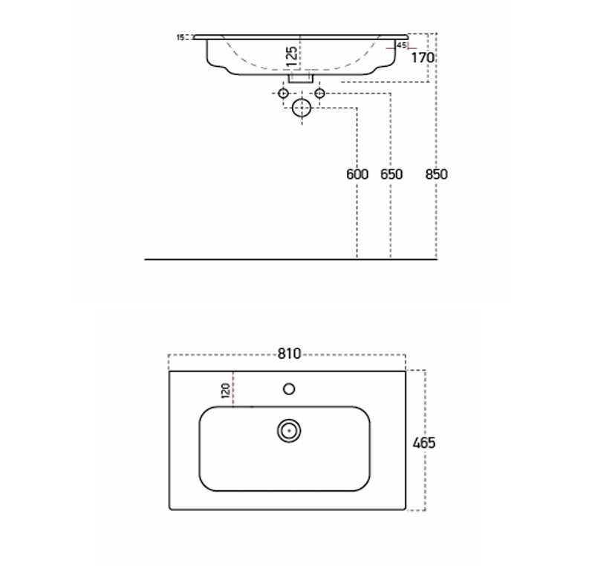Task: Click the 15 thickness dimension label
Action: (180, 36)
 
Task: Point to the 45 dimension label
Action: (401, 45)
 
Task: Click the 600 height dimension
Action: (357, 175)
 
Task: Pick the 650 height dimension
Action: (391, 175)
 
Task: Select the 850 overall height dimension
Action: (437, 175)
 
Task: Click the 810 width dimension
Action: (289, 354)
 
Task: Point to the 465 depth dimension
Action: (423, 443)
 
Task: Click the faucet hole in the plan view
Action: (289, 388)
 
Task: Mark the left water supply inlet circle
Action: (283, 93)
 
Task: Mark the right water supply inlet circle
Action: (320, 93)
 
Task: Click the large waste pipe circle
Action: (302, 108)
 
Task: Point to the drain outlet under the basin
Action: (301, 77)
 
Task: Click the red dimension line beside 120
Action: (233, 390)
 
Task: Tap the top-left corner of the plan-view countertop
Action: (170, 371)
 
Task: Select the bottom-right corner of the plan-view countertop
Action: (406, 510)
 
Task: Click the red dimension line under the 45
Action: (401, 51)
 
